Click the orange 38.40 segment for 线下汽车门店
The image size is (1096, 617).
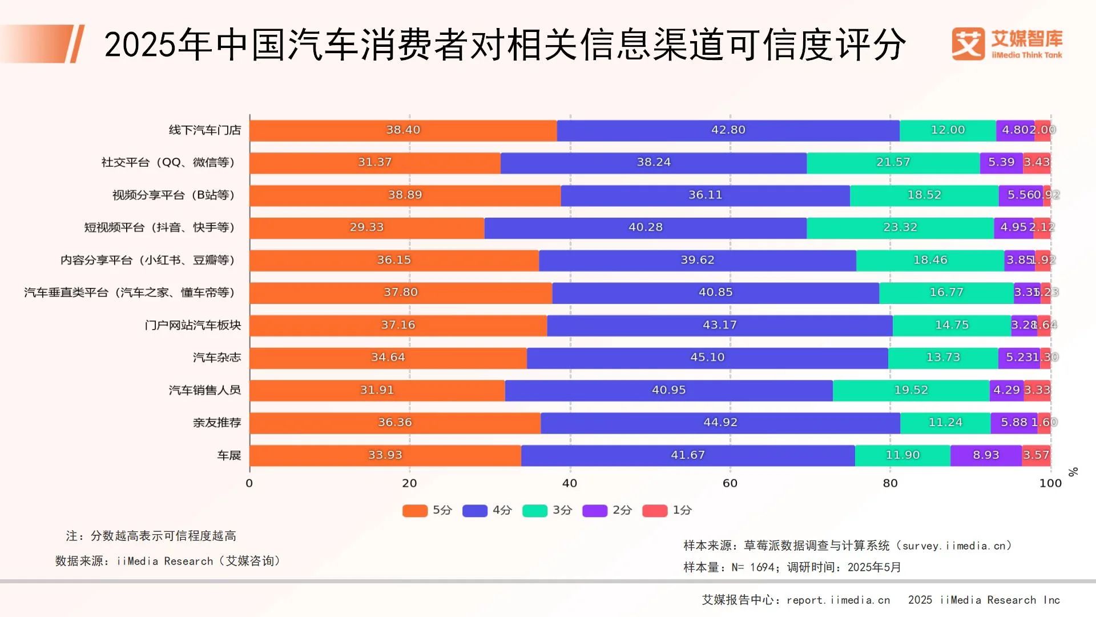tap(403, 130)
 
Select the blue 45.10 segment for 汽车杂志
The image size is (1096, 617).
tap(707, 358)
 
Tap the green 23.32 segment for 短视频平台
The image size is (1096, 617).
tap(900, 227)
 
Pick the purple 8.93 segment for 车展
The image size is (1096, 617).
tap(986, 455)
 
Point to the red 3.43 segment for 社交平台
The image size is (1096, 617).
tap(1037, 162)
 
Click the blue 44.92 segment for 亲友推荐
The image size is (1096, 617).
tap(720, 423)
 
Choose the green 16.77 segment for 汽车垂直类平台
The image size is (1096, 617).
tap(946, 293)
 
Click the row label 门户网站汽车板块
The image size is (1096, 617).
tap(193, 326)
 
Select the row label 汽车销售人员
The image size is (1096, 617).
tap(205, 391)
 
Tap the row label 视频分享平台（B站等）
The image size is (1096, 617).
tap(174, 195)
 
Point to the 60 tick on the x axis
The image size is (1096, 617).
tap(730, 483)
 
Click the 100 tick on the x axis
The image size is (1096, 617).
tap(1050, 483)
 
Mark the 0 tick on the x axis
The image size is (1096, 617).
tap(249, 483)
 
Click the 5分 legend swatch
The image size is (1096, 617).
tap(415, 511)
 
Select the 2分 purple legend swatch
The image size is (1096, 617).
tap(595, 511)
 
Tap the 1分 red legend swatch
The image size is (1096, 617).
tap(655, 511)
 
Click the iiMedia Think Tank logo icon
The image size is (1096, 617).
tap(968, 43)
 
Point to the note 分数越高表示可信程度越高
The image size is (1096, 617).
tap(163, 536)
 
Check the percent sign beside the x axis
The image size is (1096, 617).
tap(1073, 472)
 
